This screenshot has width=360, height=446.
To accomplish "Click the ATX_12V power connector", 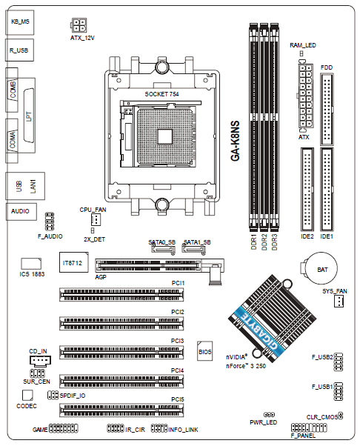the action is pyautogui.click(x=79, y=25).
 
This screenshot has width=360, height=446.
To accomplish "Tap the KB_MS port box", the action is pyautogui.click(x=19, y=22).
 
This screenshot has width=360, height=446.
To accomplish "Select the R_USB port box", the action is pyautogui.click(x=19, y=50).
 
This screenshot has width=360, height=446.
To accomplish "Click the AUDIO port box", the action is pyautogui.click(x=21, y=211).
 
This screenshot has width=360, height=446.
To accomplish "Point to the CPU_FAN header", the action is pyautogui.click(x=96, y=219).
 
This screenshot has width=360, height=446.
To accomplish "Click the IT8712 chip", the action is pyautogui.click(x=73, y=262).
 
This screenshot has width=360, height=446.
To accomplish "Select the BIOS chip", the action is pyautogui.click(x=204, y=351).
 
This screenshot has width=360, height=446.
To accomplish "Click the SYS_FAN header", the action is pyautogui.click(x=339, y=301).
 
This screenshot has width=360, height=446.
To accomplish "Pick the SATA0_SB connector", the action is pyautogui.click(x=163, y=249).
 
